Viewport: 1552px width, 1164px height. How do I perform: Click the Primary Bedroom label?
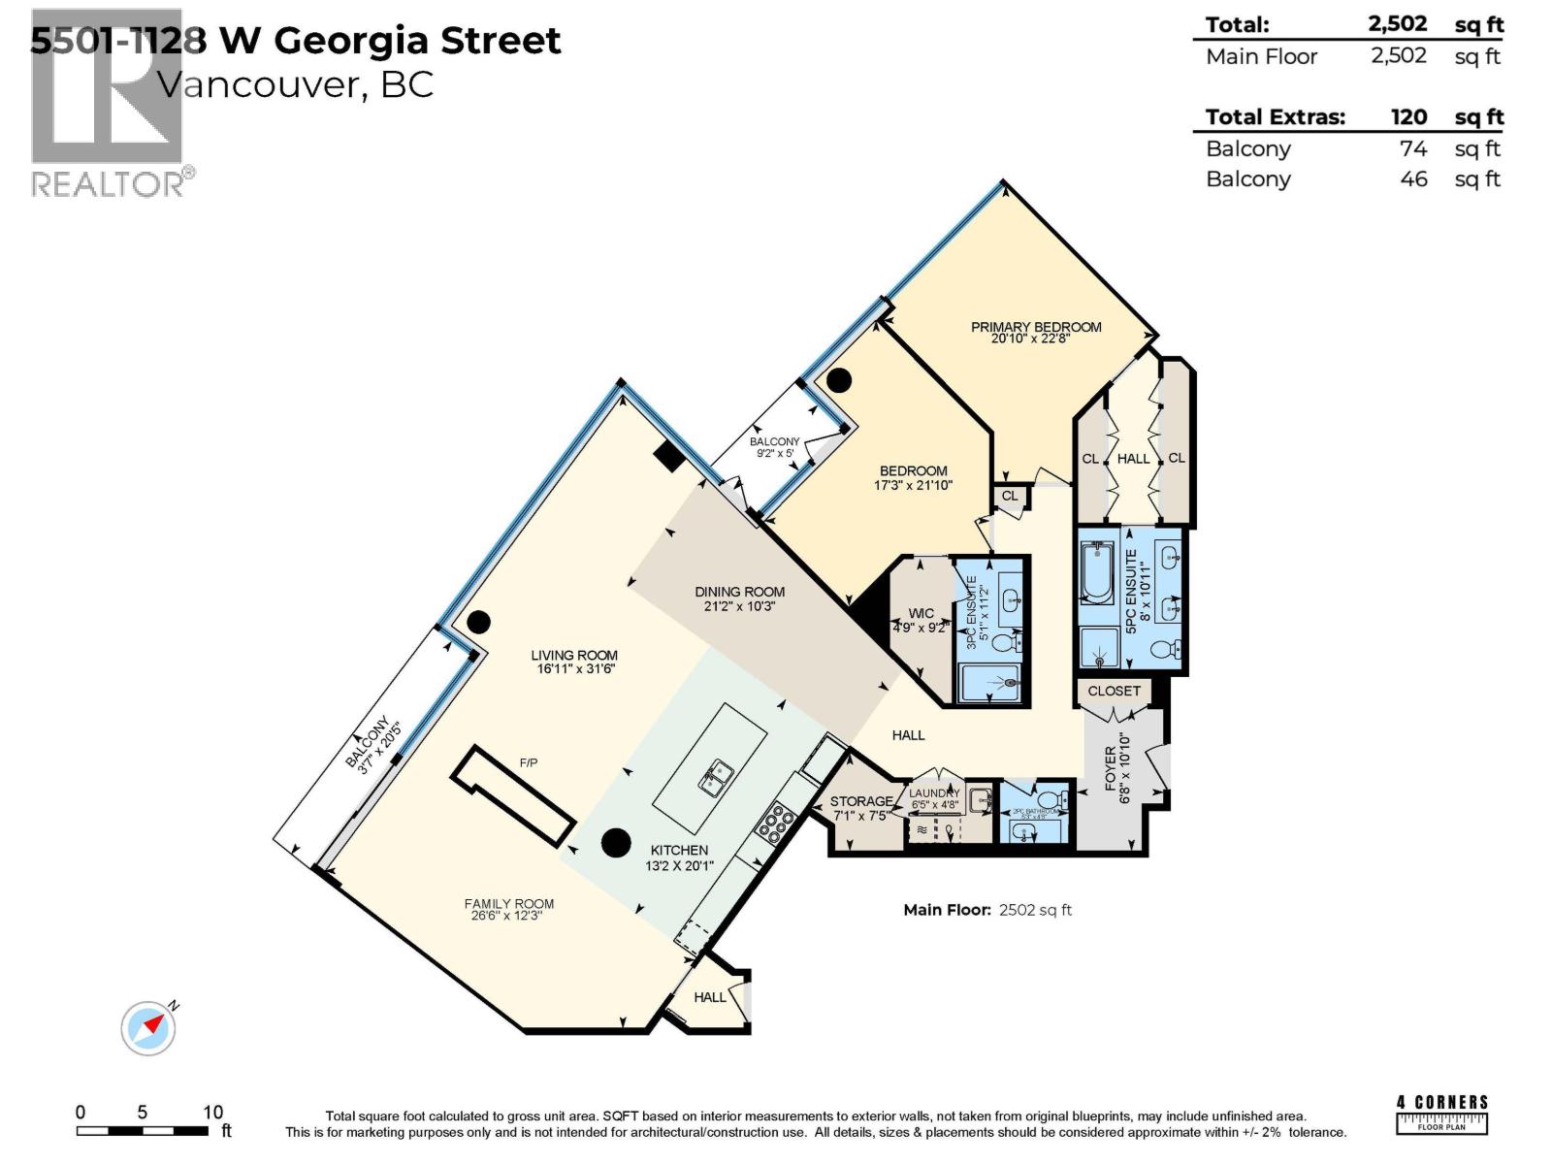click(x=1036, y=327)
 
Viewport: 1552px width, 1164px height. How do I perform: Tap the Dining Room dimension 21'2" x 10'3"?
click(x=739, y=606)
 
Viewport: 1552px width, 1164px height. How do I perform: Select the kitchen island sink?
click(x=718, y=777)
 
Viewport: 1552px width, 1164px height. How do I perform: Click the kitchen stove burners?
click(x=774, y=824)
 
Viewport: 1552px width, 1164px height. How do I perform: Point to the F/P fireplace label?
click(x=528, y=763)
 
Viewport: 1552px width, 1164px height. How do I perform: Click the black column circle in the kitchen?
click(x=616, y=843)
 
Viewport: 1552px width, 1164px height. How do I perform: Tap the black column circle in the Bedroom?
click(x=838, y=380)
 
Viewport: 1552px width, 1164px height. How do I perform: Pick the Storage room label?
click(x=860, y=801)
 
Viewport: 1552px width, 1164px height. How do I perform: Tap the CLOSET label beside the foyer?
click(x=1114, y=691)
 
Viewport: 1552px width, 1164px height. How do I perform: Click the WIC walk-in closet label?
click(x=921, y=613)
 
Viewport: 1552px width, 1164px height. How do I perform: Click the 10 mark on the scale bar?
click(x=212, y=1113)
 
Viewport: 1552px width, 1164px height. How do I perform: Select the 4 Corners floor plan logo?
click(x=1441, y=1115)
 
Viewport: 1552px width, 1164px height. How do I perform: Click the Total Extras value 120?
click(x=1408, y=117)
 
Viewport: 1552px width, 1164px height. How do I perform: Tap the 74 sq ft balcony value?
click(x=1413, y=148)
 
